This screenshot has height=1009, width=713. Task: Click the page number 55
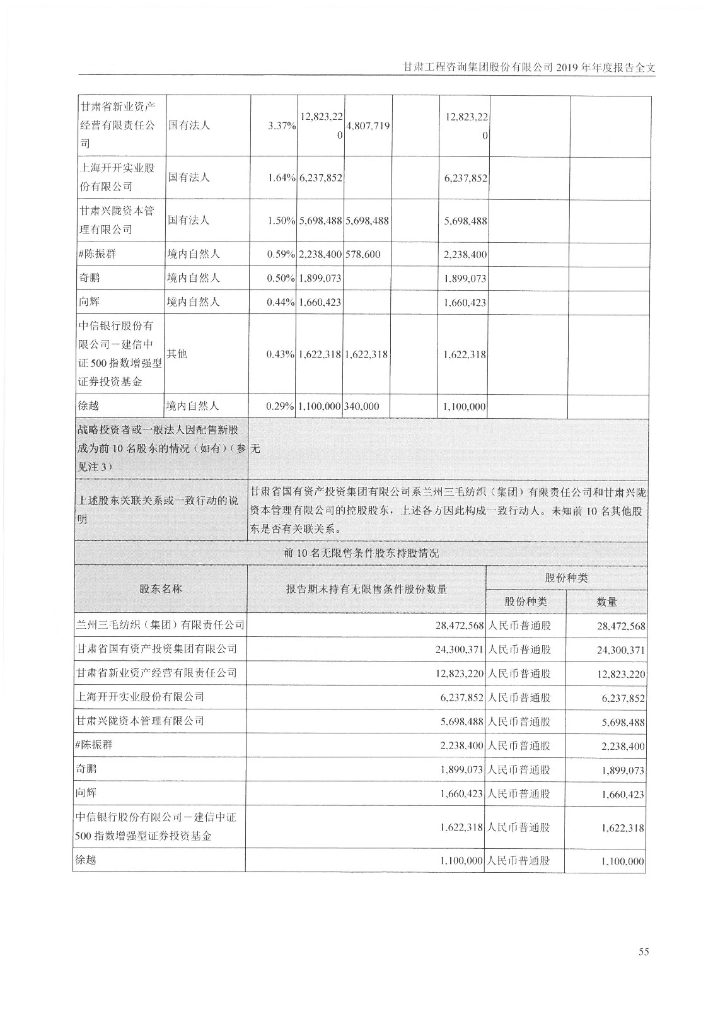643,951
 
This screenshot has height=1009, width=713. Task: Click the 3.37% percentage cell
282,126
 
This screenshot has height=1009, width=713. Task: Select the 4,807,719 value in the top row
368,126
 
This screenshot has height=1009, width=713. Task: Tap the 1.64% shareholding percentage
282,178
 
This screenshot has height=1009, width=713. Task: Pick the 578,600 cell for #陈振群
362,255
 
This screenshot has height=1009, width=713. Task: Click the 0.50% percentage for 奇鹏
282,279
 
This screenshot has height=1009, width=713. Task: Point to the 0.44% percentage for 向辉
282,303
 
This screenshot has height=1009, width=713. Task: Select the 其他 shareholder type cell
177,354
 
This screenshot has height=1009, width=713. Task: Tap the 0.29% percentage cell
282,407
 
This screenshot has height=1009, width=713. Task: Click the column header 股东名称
161,589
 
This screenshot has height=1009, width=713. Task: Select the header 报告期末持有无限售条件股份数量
366,589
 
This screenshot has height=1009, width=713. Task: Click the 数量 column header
606,602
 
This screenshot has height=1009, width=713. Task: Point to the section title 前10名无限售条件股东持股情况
361,554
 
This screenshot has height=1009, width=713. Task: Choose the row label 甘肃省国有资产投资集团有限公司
156,649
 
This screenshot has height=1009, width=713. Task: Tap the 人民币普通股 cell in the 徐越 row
519,861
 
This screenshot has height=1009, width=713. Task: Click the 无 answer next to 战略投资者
255,449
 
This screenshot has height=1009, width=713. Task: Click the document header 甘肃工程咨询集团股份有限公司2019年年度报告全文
529,67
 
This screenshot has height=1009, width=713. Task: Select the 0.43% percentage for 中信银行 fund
282,354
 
